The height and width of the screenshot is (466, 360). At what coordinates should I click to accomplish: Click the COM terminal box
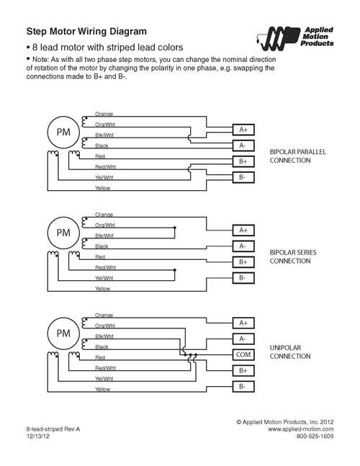pyautogui.click(x=243, y=354)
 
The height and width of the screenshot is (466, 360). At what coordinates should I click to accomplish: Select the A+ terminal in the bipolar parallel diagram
pyautogui.click(x=243, y=130)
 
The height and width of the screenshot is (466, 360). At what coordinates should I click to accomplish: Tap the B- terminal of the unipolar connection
pyautogui.click(x=243, y=387)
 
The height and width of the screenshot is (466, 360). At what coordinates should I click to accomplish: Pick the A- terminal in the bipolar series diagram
pyautogui.click(x=243, y=246)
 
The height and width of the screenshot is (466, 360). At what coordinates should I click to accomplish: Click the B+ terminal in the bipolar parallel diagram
pyautogui.click(x=243, y=161)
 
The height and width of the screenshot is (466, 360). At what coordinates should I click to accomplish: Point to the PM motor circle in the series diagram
pyautogui.click(x=63, y=233)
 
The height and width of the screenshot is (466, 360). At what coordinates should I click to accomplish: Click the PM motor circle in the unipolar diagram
pyautogui.click(x=63, y=333)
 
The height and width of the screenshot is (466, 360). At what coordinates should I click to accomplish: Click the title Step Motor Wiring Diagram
pyautogui.click(x=86, y=31)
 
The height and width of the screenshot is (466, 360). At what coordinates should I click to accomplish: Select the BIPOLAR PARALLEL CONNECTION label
pyautogui.click(x=297, y=156)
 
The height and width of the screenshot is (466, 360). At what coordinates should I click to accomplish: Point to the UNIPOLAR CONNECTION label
pyautogui.click(x=290, y=352)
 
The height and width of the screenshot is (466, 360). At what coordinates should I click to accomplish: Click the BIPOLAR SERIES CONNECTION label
pyautogui.click(x=293, y=257)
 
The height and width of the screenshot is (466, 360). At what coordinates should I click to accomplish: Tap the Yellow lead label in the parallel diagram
pyautogui.click(x=102, y=188)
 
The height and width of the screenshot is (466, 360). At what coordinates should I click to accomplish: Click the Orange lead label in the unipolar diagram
pyautogui.click(x=104, y=315)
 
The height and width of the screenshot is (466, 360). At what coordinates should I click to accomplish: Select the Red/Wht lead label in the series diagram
pyautogui.click(x=105, y=267)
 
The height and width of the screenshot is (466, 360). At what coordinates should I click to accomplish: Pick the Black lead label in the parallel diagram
pyautogui.click(x=102, y=145)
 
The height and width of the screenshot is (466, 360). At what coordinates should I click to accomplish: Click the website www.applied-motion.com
pyautogui.click(x=300, y=429)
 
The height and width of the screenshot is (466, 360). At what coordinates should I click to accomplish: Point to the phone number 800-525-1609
pyautogui.click(x=315, y=436)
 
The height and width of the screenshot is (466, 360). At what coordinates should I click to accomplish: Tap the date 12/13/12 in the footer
pyautogui.click(x=38, y=436)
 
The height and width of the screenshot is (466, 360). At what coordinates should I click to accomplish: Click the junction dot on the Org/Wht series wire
pyautogui.click(x=175, y=228)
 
